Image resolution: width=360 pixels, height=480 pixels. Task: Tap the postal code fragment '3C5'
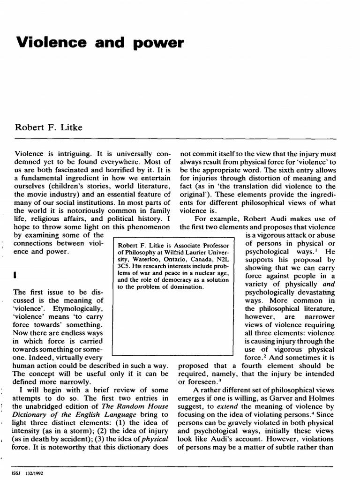pos(124,268)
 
